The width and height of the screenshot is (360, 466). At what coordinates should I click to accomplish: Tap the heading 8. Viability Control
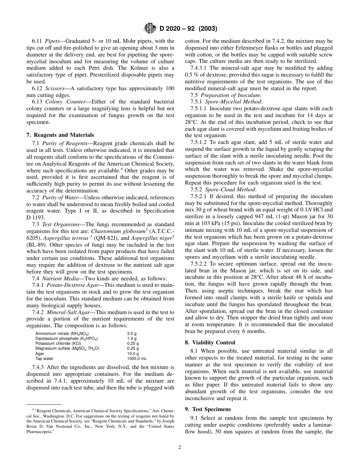pos(210,342)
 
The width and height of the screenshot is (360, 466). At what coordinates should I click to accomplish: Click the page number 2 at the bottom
pos(180,447)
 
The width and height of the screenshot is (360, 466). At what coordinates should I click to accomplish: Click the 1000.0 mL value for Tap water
pos(137,358)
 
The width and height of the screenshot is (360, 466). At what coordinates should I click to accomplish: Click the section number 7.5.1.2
pos(198,142)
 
